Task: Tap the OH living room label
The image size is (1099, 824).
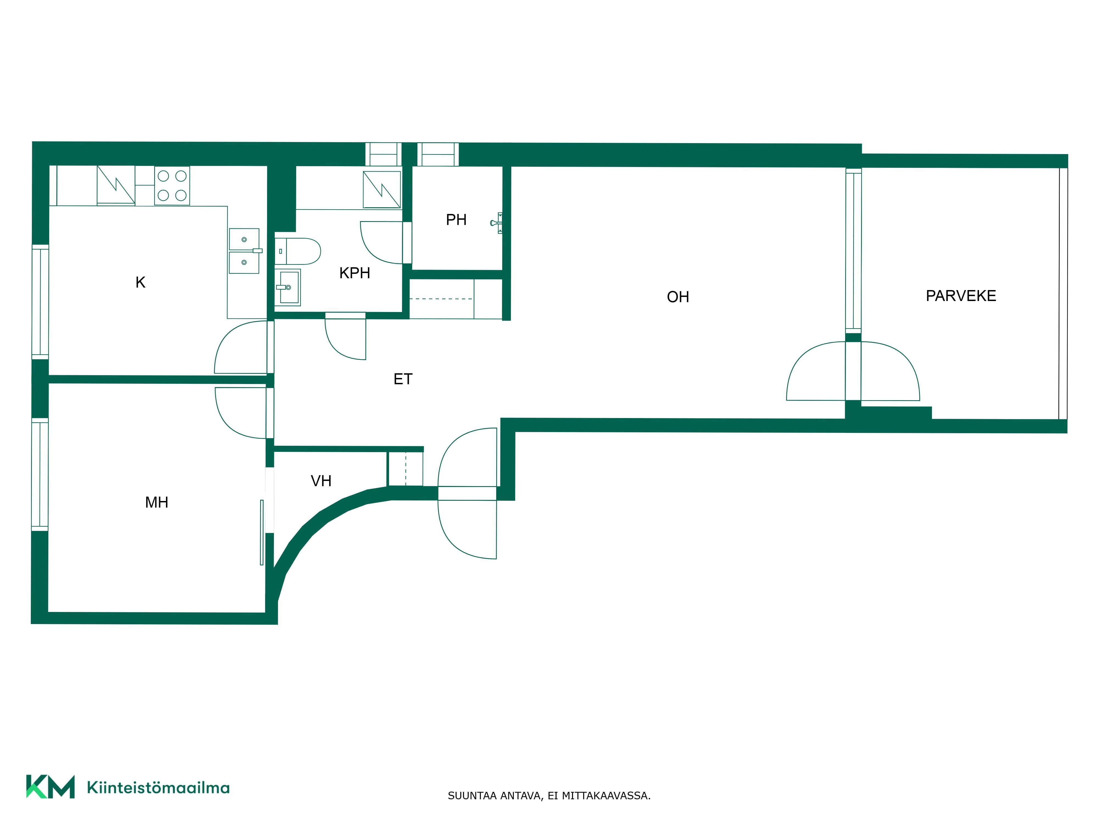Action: tap(678, 297)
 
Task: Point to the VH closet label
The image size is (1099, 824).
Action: tap(321, 481)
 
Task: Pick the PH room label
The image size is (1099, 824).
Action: tap(456, 219)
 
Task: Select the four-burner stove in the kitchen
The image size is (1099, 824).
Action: tap(172, 185)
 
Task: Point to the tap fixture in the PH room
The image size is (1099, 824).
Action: tap(497, 223)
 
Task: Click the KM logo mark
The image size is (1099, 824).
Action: tap(50, 786)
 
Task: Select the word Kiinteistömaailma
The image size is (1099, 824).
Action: tap(158, 787)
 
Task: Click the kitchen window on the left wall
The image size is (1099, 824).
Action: tap(40, 302)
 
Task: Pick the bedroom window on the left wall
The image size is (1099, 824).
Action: tap(40, 474)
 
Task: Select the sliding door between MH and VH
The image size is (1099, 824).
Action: tap(262, 533)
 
